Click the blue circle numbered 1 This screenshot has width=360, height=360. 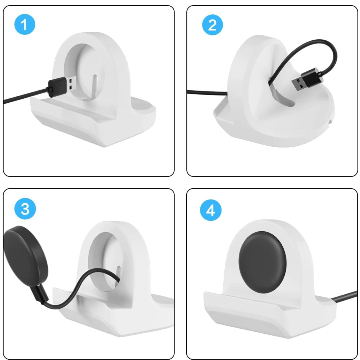(25, 24)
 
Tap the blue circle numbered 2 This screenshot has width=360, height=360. (212, 25)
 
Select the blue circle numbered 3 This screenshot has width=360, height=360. (25, 209)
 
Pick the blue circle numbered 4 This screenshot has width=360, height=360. (211, 210)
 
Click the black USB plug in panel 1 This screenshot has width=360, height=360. (60, 86)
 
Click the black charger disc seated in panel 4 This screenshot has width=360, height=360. (262, 262)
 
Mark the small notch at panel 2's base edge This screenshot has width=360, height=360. (330, 121)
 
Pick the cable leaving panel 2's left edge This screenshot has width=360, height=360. (207, 92)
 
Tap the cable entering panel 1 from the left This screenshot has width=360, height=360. (26, 96)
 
